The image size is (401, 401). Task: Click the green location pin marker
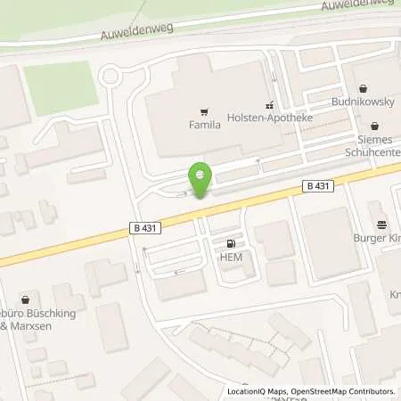pyautogui.click(x=200, y=178)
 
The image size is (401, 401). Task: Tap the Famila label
pyautogui.click(x=204, y=126)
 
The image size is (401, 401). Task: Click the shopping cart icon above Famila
pyautogui.click(x=204, y=112)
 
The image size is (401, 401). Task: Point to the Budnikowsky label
pyautogui.click(x=364, y=102)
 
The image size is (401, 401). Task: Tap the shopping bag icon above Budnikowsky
pyautogui.click(x=364, y=89)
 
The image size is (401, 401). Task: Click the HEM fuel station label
pyautogui.click(x=233, y=257)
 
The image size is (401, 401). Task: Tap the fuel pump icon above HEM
pyautogui.click(x=233, y=243)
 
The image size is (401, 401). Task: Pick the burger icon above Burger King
pyautogui.click(x=382, y=225)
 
